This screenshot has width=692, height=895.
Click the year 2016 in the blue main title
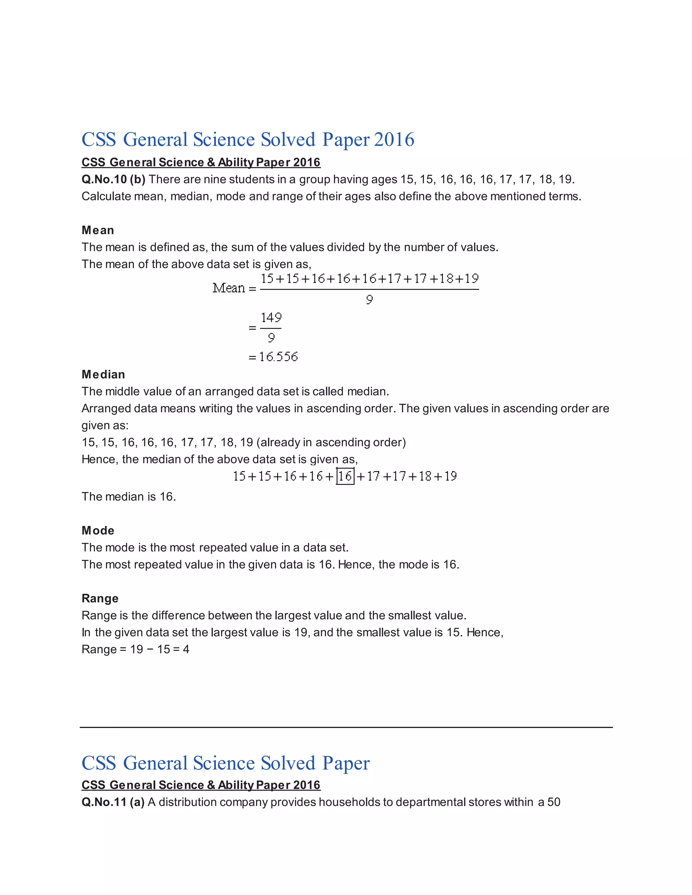[x=394, y=139]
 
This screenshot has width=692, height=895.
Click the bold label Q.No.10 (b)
[x=113, y=179]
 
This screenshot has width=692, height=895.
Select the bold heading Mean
[x=98, y=230]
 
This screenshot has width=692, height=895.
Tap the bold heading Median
[x=103, y=375]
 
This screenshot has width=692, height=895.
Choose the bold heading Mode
[x=98, y=531]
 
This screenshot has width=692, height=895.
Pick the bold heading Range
[x=100, y=598]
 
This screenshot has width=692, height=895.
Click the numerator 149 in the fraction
[x=271, y=317]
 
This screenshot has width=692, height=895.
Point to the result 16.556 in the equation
[x=278, y=357]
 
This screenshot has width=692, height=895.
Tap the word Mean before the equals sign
[x=228, y=288]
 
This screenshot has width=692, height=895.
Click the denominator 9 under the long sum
[x=369, y=300]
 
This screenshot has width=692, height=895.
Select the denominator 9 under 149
[x=271, y=338]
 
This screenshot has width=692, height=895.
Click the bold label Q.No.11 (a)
[x=113, y=802]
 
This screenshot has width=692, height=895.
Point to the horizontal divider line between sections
[x=346, y=727]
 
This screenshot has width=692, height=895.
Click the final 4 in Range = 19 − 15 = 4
[x=186, y=649]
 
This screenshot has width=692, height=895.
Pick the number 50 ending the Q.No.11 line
[x=553, y=802]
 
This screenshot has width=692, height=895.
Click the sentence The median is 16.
[x=129, y=497]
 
